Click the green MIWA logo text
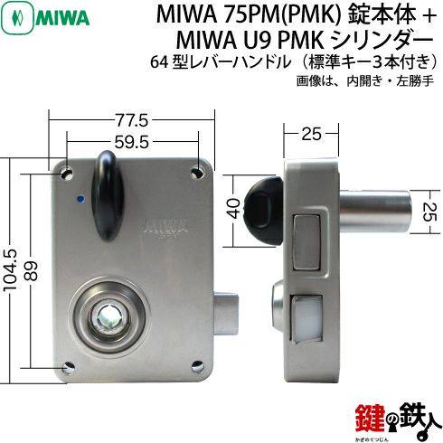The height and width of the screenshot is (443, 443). (62, 19)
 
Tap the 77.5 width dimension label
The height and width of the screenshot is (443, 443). (132, 121)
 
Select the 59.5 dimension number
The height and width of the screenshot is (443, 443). (132, 142)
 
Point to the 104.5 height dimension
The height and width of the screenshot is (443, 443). (10, 270)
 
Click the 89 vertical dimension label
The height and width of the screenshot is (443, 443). (32, 270)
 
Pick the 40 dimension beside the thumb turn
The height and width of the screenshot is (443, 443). (235, 209)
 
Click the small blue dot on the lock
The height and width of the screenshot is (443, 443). (80, 198)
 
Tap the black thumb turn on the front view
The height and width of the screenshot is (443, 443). (108, 195)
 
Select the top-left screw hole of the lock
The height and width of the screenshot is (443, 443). (67, 174)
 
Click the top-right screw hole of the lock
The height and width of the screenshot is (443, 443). (198, 173)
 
